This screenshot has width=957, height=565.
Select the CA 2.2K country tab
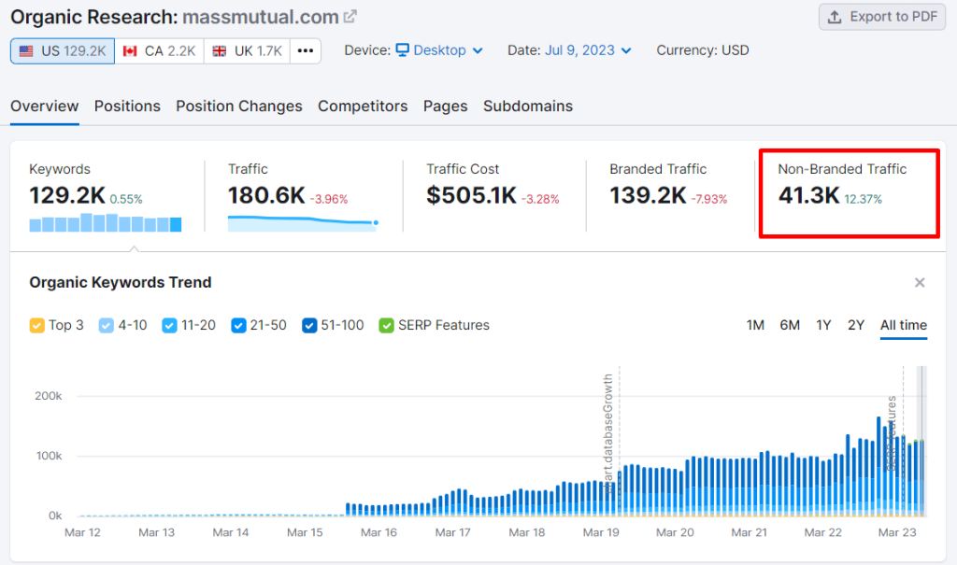159,50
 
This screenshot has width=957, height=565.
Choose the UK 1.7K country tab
247,50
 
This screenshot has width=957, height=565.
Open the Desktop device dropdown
438,50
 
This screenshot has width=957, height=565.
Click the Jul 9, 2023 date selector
587,50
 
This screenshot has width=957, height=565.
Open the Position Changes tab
239,106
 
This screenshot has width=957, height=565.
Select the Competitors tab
363,106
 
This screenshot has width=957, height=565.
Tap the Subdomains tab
528,106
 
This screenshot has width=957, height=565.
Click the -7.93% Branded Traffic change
708,199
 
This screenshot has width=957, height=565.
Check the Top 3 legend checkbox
37,325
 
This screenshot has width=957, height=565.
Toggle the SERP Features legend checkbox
386,325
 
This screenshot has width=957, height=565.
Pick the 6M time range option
790,325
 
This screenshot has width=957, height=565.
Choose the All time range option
904,325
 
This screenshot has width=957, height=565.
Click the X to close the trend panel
920,282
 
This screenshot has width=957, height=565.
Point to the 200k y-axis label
49,396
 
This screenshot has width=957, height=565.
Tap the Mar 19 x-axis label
601,532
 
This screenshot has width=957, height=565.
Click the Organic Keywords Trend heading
121,282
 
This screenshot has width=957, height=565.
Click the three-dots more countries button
306,50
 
